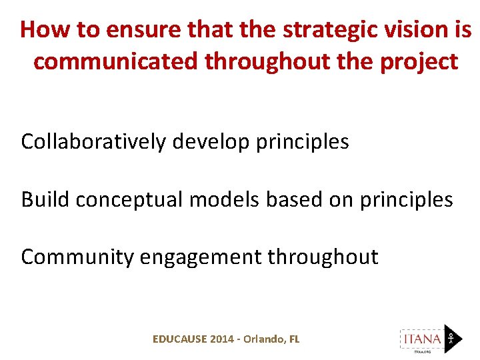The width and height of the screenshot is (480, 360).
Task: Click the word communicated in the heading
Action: pos(117,61)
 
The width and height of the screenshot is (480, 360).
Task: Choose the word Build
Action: pos(45,199)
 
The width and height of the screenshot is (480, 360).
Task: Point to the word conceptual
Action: pos(128,199)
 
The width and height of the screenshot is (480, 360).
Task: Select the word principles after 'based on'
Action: pos(405,199)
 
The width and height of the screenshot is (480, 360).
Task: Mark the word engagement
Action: pos(201,257)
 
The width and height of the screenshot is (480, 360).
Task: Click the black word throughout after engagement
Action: pos(323,257)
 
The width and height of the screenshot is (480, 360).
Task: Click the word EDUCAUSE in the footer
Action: pos(179,339)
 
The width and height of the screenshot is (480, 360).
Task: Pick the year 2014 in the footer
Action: pos(222,339)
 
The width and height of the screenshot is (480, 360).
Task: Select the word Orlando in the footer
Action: pos(264,339)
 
